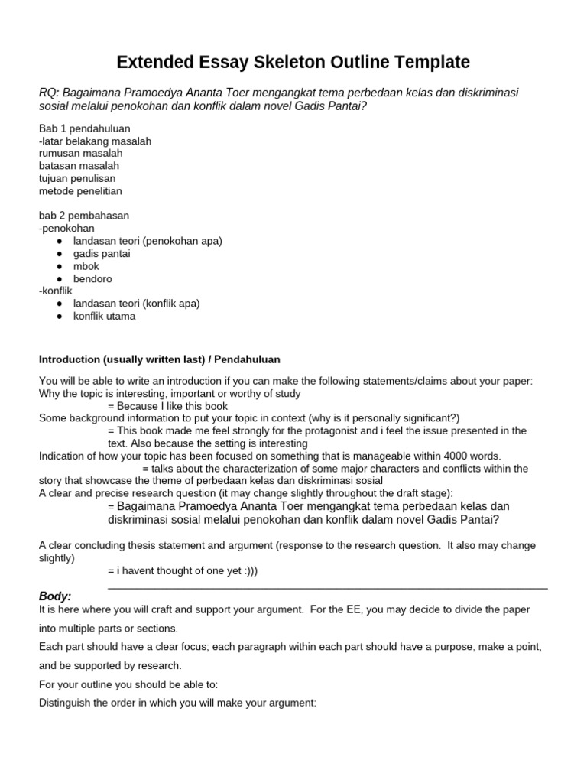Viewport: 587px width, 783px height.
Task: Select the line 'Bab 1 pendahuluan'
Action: coord(84,128)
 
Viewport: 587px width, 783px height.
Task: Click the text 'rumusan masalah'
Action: coord(79,153)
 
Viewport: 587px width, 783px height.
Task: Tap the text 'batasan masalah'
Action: coord(79,166)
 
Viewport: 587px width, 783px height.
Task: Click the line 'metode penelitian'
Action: coord(80,190)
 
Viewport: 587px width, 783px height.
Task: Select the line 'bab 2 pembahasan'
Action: coord(84,216)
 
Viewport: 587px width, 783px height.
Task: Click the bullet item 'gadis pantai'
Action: coord(102,253)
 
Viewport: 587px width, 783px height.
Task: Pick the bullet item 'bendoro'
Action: coord(92,278)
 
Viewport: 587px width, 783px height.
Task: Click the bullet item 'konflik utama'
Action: coord(104,316)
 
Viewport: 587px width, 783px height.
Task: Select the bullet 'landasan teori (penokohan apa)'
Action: coord(148,241)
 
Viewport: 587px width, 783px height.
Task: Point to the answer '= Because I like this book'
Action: coord(168,406)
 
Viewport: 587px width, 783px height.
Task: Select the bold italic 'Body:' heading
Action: coord(54,596)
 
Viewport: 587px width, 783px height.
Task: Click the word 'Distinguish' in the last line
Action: coord(66,702)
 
